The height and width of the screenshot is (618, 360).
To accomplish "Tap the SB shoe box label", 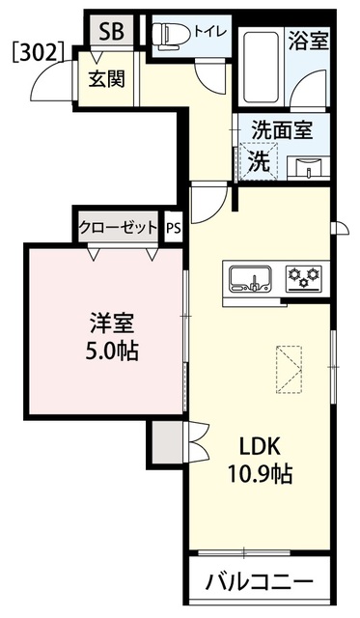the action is pos(111,31).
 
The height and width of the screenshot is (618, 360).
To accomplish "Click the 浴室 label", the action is pos(309,41).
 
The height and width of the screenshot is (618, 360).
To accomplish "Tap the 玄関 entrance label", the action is pos(106,78).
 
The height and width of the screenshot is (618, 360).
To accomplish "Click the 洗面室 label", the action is pos(283,129).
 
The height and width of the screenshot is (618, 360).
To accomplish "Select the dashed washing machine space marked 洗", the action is pos(259,161).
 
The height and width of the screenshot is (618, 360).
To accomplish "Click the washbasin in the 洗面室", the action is pos(309,168).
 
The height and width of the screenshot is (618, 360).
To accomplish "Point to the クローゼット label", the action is pos(119,227).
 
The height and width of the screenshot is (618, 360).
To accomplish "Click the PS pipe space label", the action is pos(174,228).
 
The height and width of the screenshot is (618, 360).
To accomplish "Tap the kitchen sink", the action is pos(251,279).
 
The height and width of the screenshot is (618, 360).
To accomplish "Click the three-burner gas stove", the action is pos(304,278).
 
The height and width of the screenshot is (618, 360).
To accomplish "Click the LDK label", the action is pos(261,447).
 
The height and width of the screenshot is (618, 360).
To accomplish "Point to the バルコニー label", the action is pos(260,581).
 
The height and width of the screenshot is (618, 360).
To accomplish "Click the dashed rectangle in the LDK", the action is pos(290,369).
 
